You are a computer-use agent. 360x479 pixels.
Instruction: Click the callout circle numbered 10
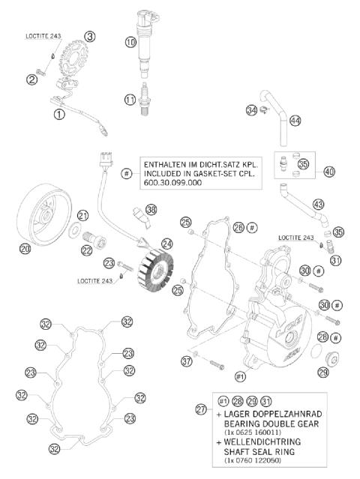pos(130,43)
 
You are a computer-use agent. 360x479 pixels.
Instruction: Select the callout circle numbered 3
pos(90,36)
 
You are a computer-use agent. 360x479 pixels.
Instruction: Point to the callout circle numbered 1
pos(59,114)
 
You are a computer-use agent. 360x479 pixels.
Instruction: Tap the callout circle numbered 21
pos(83,215)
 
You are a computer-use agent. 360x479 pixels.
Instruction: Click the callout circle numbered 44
pos(295,120)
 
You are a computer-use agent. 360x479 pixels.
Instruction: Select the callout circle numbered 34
pos(251,111)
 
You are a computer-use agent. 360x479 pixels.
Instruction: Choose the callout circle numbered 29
pos(322,373)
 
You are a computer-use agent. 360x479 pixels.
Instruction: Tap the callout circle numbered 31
pos(334,260)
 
